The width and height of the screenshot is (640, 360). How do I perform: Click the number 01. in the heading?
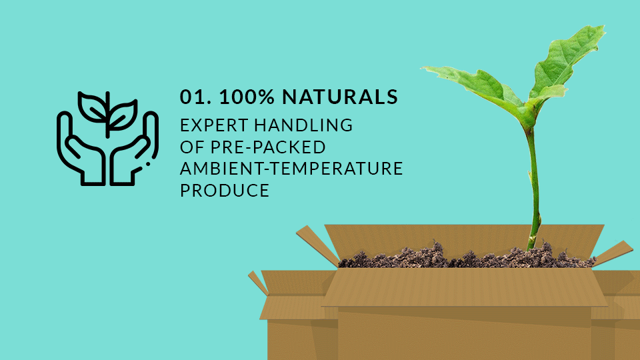[195, 97]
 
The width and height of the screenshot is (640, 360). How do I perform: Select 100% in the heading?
[247, 97]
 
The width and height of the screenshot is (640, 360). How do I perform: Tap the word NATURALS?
[340, 97]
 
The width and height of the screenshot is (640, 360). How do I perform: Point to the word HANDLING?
[304, 125]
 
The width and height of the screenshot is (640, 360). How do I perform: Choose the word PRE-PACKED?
[268, 147]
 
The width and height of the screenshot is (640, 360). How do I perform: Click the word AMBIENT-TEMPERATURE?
[291, 169]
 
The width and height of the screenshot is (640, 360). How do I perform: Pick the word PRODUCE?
[225, 191]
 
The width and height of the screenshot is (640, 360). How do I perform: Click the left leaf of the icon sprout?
[92, 107]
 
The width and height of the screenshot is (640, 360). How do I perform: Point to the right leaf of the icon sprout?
[123, 116]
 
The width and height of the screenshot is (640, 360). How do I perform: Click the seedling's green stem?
[533, 188]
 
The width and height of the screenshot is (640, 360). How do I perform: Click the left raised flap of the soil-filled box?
[317, 245]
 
